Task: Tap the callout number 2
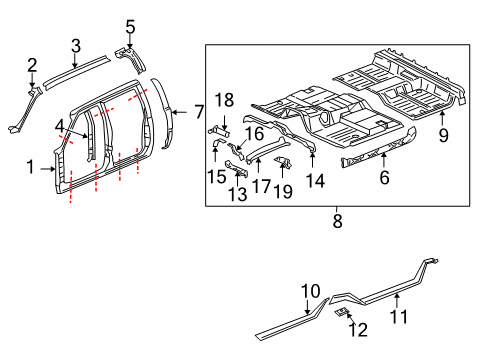31,66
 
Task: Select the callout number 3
75,44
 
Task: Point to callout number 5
130,25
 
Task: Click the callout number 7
198,110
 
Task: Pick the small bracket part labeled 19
283,162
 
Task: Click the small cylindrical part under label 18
218,128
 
